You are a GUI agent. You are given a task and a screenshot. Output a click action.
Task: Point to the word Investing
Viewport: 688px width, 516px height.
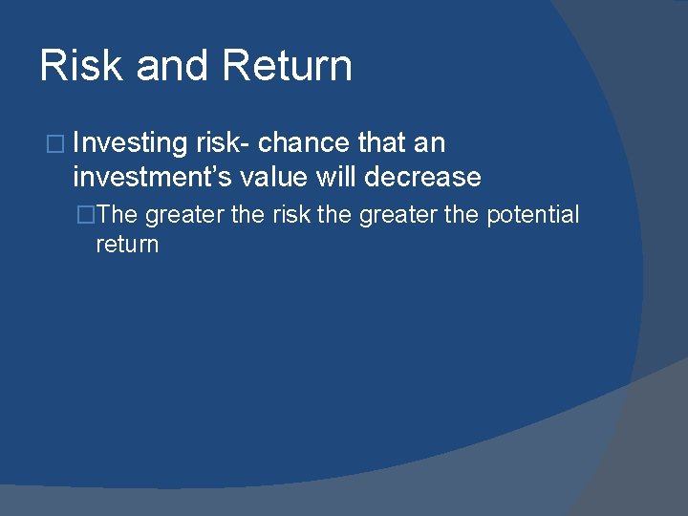point(129,143)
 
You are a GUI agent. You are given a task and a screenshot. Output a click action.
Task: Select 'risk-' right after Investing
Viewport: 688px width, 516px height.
point(223,143)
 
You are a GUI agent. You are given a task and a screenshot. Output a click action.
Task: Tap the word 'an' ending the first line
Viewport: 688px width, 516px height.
point(431,143)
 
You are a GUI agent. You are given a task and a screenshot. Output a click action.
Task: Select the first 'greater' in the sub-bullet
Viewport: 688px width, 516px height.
point(185,215)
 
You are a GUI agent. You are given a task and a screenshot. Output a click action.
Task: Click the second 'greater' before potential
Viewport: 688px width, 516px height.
point(399,215)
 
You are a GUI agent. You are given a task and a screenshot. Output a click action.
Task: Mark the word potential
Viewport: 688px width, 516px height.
point(532,215)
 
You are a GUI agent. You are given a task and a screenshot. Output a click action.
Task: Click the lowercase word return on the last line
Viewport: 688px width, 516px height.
point(127,245)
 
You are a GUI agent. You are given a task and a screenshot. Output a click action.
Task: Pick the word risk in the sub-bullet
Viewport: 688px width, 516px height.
point(291,215)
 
